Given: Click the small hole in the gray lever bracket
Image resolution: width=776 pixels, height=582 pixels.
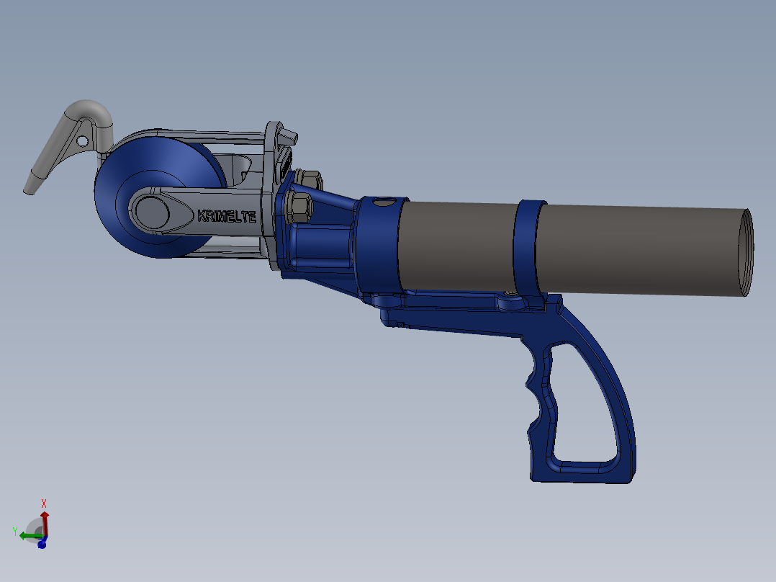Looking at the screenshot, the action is tap(83, 142).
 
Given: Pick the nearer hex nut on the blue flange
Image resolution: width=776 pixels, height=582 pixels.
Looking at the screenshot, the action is tap(299, 207).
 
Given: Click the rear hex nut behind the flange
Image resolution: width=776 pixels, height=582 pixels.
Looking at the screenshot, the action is tap(310, 179).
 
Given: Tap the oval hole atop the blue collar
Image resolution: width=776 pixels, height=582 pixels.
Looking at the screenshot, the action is tap(385, 202).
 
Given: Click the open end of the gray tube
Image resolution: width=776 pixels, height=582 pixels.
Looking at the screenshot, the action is tap(746, 253).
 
